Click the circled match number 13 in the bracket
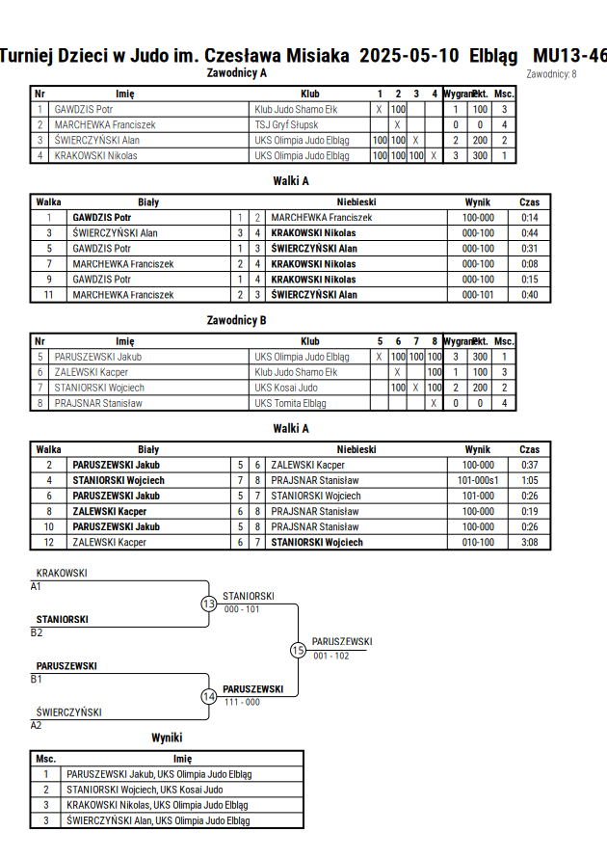(x=208, y=604)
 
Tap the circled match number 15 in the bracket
(x=298, y=651)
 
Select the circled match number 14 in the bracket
(x=208, y=697)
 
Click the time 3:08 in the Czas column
(x=529, y=543)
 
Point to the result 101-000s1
(x=478, y=480)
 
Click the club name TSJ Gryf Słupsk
(x=286, y=125)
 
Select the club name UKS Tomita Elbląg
(x=290, y=403)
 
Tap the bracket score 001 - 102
(x=331, y=656)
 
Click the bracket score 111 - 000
(x=242, y=702)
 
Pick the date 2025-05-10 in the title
(x=409, y=56)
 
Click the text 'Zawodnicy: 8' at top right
(x=551, y=74)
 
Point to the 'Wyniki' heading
(x=167, y=738)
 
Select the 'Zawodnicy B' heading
(x=236, y=320)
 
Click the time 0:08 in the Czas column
(x=529, y=264)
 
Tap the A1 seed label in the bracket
(x=36, y=587)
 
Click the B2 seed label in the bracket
(x=36, y=632)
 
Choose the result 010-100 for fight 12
(x=478, y=543)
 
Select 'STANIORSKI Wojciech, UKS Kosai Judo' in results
(x=145, y=790)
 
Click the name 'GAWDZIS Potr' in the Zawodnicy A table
(x=83, y=110)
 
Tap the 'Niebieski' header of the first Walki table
(x=356, y=202)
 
